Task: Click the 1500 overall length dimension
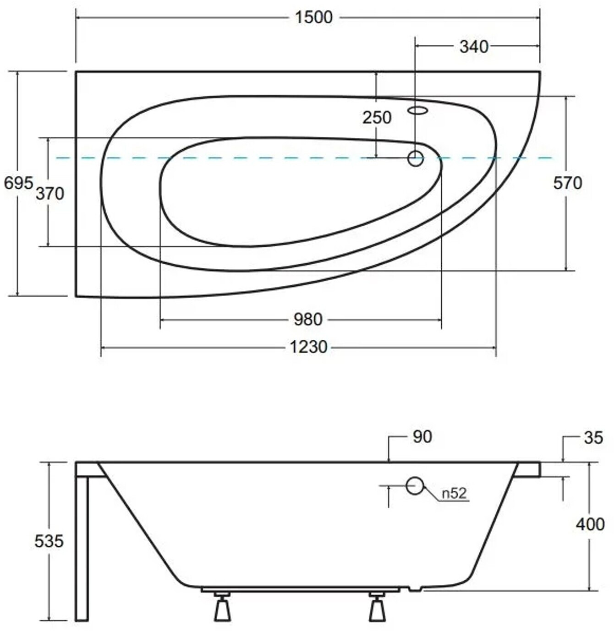point(313,17)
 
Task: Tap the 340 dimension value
point(474,47)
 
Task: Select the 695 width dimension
point(18,183)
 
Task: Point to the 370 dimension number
point(50,194)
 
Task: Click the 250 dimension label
point(377,117)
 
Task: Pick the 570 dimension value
point(568,183)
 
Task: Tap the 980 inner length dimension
point(308,319)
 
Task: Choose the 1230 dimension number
point(308,347)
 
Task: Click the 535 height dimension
point(49,541)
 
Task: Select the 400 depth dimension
point(590,524)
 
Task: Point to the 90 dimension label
point(422,437)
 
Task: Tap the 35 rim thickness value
point(593,438)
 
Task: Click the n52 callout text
point(454,493)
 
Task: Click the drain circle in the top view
point(416,158)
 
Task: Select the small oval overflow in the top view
point(418,110)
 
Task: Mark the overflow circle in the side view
point(415,486)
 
